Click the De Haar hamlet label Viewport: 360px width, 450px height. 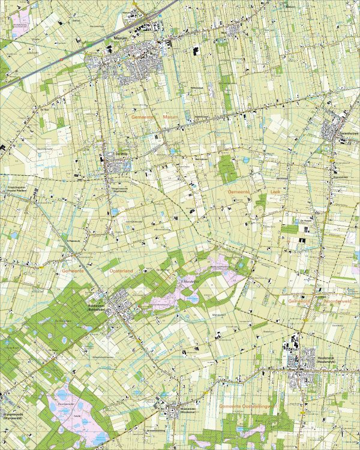click(x=44, y=110)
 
